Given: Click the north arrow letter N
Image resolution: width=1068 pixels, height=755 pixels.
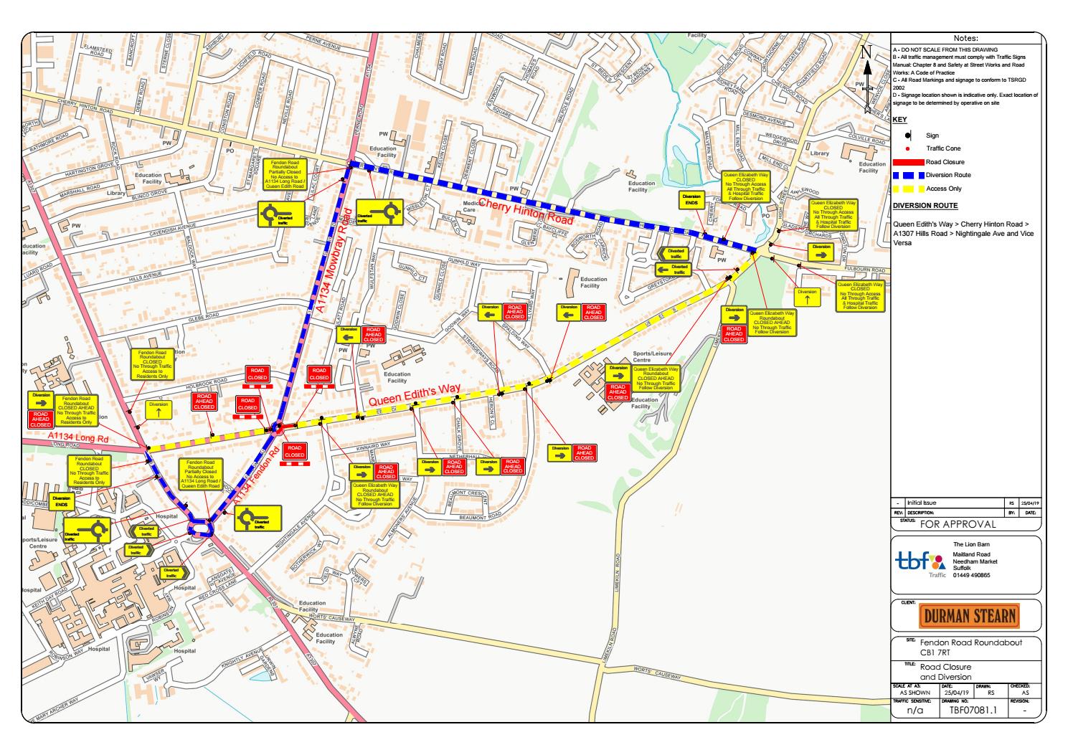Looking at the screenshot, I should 866,52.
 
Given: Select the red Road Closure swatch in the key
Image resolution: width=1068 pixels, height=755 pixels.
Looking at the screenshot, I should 907,163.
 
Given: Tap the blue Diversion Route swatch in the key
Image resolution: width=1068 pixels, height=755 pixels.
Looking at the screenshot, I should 907,176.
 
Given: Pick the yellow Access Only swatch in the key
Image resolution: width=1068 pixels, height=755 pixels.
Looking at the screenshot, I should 907,189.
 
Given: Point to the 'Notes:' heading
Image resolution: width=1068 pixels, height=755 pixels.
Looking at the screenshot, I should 965,39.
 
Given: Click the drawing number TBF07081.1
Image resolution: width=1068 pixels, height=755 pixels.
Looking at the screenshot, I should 965,711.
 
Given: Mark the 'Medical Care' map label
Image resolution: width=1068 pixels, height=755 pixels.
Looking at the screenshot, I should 469,206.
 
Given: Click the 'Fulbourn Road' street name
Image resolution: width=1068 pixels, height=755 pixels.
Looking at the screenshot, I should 866,270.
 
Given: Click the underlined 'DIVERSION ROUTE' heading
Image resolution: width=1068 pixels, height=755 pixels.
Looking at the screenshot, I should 925,206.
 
